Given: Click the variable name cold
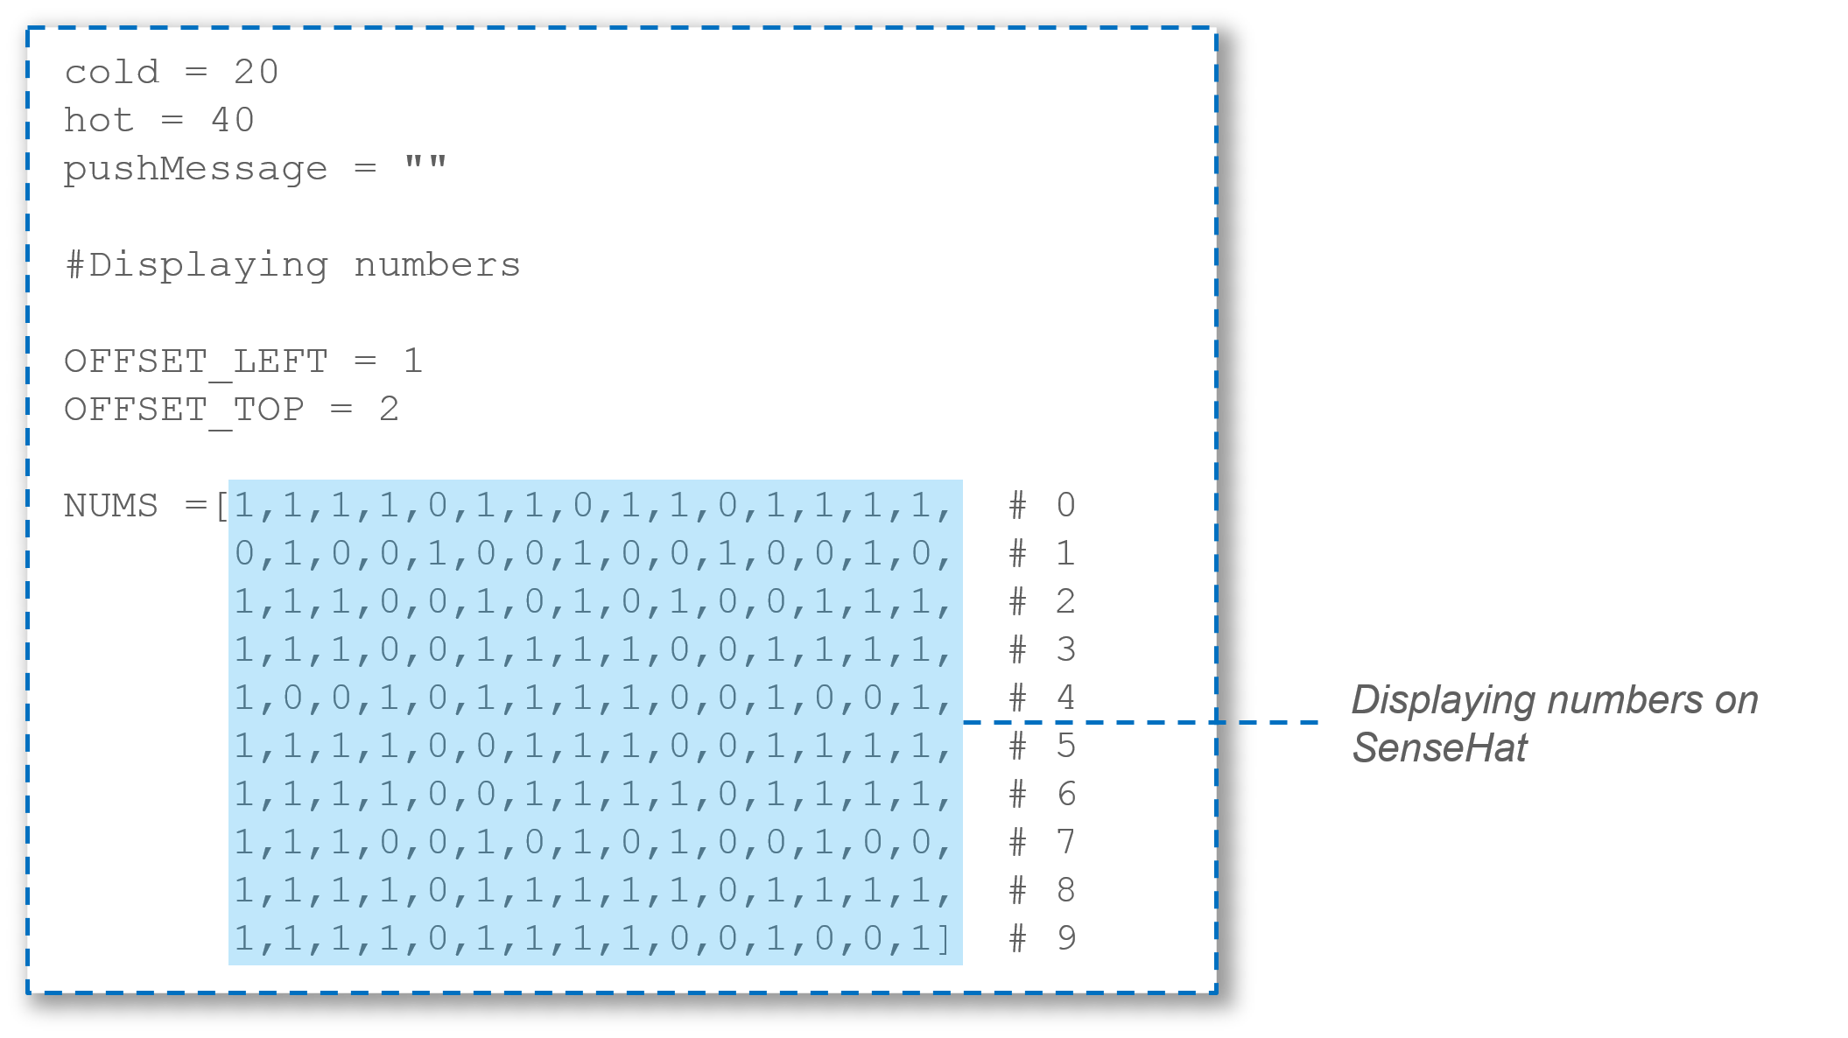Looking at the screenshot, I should [111, 72].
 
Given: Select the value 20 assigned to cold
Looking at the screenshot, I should [256, 72].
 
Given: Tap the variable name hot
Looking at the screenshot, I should [98, 120].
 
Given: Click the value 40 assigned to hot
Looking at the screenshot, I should [232, 120].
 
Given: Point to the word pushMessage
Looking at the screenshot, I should [195, 169].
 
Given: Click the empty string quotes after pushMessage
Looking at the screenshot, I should [425, 164].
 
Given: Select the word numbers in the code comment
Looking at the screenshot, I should [437, 265].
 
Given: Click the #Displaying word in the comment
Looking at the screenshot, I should [197, 265].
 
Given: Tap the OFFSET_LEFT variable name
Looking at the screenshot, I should [195, 361].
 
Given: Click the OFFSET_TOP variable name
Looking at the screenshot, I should [184, 410].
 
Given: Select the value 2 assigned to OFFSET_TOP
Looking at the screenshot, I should [389, 410].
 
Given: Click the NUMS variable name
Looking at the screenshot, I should [110, 506].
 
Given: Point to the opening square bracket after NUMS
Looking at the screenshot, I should [221, 506].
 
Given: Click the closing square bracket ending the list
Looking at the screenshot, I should [944, 939].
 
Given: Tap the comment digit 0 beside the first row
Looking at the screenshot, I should [1065, 506].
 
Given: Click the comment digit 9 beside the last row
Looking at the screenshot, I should [1065, 939].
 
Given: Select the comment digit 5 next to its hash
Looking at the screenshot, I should [1065, 747].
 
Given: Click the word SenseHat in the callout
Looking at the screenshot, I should [1439, 748].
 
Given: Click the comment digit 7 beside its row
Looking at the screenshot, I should [1065, 843].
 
